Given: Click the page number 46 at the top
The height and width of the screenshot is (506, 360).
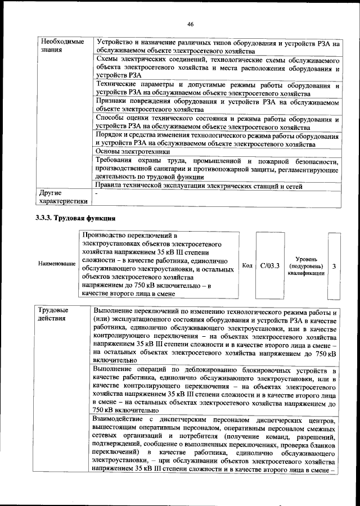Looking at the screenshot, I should (190, 24).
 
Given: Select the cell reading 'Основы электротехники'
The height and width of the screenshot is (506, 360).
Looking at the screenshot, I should (133, 151).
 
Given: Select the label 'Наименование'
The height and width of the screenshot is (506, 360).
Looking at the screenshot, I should (57, 263).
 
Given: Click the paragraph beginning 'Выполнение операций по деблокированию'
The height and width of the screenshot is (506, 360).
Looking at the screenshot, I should (214, 391).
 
